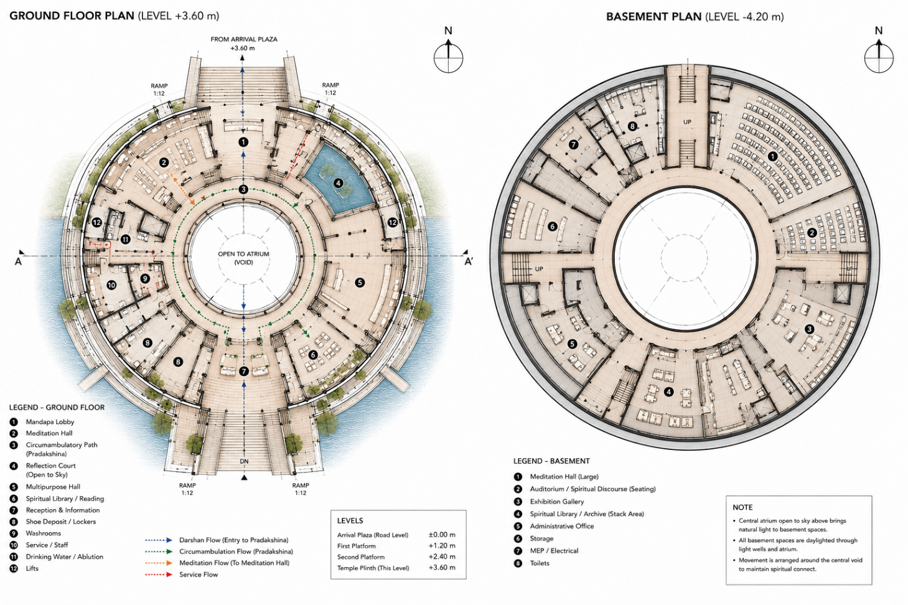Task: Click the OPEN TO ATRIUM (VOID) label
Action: tap(243, 258)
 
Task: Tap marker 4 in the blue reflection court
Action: tap(338, 183)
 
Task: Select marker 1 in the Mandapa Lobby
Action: tap(243, 142)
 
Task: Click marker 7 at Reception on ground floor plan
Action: tap(243, 371)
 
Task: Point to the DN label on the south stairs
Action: tap(244, 461)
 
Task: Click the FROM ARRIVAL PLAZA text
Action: tap(244, 39)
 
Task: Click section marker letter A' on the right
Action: tap(468, 262)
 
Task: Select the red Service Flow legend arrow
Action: tap(159, 575)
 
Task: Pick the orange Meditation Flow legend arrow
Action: tap(159, 563)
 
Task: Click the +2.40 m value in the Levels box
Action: tap(442, 556)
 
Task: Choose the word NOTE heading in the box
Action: tap(742, 507)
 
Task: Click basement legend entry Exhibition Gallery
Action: tap(557, 502)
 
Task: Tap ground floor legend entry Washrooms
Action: tap(44, 533)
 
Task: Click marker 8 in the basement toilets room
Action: tap(632, 126)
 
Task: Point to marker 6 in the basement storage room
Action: tap(552, 227)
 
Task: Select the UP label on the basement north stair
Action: tap(687, 121)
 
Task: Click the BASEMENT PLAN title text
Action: tap(653, 17)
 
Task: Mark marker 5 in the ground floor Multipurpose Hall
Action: tap(360, 283)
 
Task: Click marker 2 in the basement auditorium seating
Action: tap(812, 233)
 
